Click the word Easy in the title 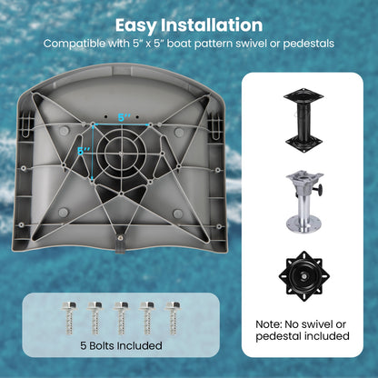point(136,25)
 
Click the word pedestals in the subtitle point(309,44)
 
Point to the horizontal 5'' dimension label point(124,118)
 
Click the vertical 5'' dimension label point(84,151)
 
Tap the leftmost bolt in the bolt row point(68,317)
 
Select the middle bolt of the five point(121,317)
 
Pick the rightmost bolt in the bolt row point(173,317)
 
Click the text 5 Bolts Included point(121,345)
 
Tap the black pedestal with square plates point(303,120)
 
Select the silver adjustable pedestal point(304,202)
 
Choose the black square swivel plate point(304,276)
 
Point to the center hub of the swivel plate point(303,276)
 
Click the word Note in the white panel point(268,324)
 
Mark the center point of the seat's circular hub point(121,154)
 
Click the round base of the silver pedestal point(303,224)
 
